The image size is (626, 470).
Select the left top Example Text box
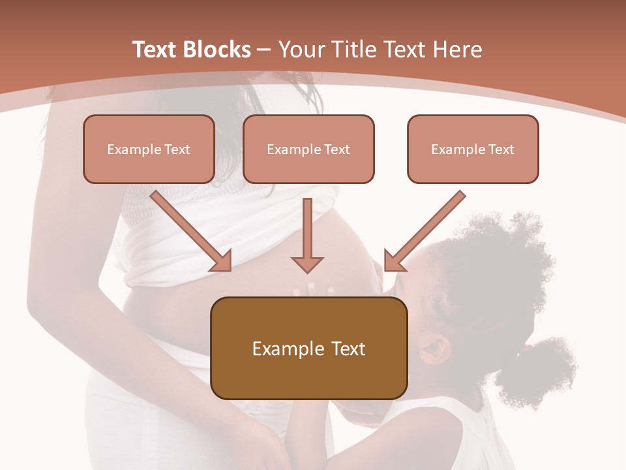149,149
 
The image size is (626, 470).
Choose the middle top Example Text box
308,149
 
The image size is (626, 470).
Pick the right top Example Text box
473,149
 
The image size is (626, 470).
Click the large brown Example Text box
308,348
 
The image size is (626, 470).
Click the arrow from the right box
424,231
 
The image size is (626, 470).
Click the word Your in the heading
301,50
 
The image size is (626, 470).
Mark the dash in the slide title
264,50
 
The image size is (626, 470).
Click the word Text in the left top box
177,149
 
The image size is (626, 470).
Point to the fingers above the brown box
314,289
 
